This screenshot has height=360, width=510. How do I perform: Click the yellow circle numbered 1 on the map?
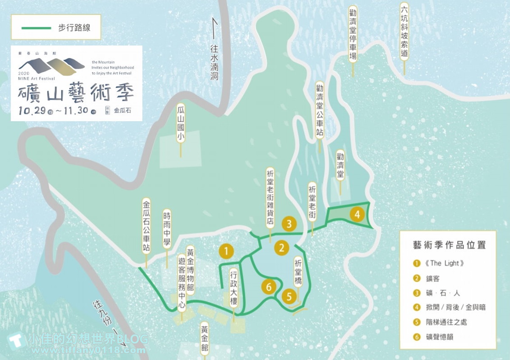pos(226,251)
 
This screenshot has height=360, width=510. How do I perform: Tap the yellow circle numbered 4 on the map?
pos(357,215)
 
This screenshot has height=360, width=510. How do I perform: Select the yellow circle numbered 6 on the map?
pos(268,287)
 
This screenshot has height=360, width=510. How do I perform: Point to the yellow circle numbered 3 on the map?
pos(289,224)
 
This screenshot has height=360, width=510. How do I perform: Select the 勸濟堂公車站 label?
pos(320,110)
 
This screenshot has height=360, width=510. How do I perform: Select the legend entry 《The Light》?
pos(442,264)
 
